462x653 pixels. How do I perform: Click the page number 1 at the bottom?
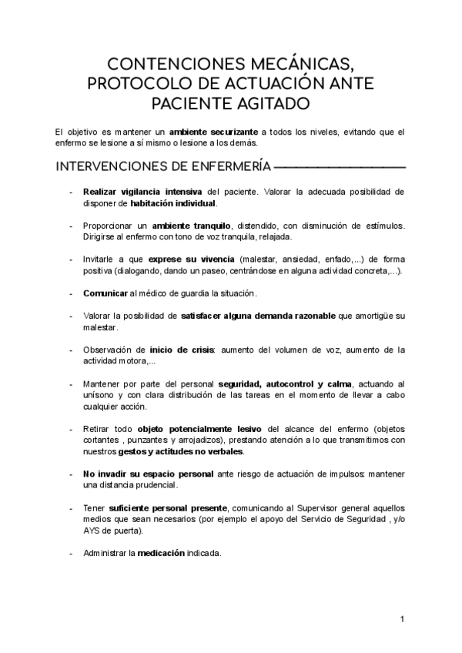[x=402, y=619]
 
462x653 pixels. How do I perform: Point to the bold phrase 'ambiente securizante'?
[x=214, y=132]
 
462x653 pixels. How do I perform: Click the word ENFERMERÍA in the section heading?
[x=224, y=166]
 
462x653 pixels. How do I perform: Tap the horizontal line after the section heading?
[x=340, y=166]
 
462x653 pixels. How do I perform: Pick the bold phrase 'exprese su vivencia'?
[x=192, y=260]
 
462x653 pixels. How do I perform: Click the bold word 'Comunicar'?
[x=105, y=294]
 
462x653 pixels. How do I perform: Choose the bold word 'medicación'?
[x=162, y=552]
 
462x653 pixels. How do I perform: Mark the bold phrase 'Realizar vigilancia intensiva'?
[x=142, y=190]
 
